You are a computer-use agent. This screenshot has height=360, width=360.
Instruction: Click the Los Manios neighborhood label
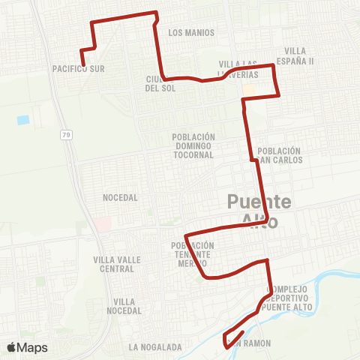(x=191, y=33)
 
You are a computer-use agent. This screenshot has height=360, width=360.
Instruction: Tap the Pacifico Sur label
(x=77, y=68)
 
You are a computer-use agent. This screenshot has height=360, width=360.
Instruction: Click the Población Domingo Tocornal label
(x=193, y=145)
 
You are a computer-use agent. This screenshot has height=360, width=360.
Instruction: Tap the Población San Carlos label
(x=279, y=155)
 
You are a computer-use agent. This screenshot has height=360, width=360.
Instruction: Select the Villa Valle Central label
(x=114, y=264)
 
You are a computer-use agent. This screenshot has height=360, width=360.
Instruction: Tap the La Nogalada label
(x=155, y=347)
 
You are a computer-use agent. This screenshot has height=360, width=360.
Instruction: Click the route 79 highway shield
(x=66, y=134)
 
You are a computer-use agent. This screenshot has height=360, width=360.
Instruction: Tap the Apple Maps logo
(x=27, y=347)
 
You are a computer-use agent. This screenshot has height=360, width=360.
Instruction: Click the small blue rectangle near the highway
(x=22, y=120)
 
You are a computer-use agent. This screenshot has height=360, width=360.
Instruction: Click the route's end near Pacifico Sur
(x=82, y=64)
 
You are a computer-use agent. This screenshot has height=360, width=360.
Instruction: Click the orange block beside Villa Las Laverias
(x=248, y=91)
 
